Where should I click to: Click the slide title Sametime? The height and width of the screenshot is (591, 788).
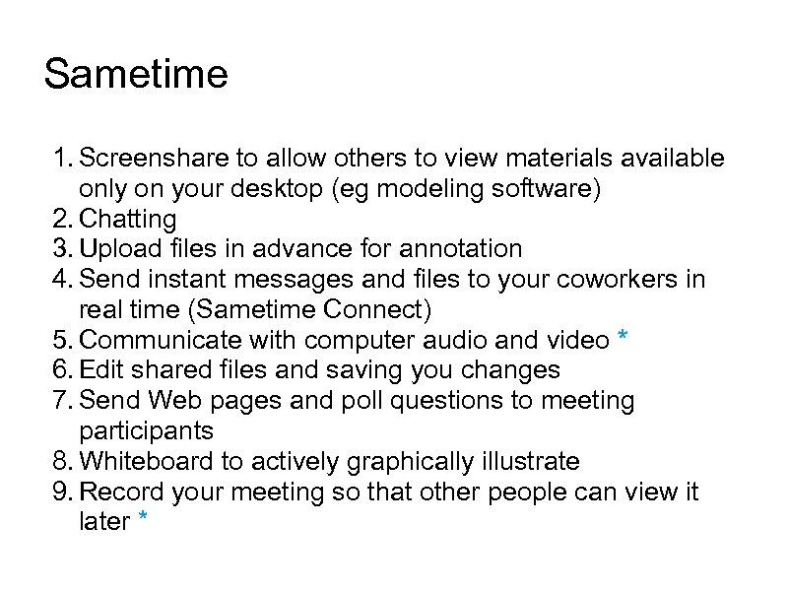click(x=136, y=75)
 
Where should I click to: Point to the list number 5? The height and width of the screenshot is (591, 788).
click(x=61, y=341)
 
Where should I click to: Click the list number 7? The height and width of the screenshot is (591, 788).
click(x=61, y=401)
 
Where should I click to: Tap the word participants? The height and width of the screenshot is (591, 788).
click(x=146, y=431)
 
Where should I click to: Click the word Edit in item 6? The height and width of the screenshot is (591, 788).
click(x=97, y=370)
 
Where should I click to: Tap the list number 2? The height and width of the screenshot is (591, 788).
click(x=61, y=219)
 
